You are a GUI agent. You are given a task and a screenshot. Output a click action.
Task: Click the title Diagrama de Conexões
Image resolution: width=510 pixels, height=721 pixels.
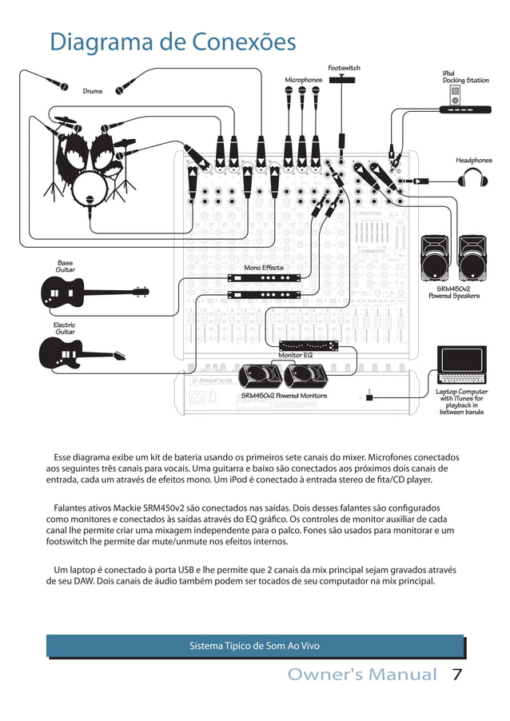click(173, 42)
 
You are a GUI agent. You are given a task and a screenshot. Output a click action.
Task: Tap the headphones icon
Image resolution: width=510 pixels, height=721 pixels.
click(473, 181)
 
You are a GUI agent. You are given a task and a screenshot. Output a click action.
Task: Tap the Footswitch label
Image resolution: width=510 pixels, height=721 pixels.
click(344, 69)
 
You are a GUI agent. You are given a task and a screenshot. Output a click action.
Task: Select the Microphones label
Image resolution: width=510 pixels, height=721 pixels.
click(303, 80)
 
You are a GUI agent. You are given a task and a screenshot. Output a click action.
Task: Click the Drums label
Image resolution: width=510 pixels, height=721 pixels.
click(93, 91)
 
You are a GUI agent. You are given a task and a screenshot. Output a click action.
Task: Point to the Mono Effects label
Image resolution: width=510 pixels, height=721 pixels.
click(263, 268)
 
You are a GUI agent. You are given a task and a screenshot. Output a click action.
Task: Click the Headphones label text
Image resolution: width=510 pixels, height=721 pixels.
click(473, 161)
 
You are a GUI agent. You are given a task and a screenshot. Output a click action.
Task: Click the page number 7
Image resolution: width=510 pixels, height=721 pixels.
click(458, 675)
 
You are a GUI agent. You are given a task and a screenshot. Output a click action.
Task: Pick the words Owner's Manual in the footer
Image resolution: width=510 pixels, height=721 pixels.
click(362, 675)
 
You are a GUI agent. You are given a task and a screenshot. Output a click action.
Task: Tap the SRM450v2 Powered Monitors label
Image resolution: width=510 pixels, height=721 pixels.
click(284, 396)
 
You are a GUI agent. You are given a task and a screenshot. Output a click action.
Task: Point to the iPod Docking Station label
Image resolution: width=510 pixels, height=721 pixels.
click(465, 77)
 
